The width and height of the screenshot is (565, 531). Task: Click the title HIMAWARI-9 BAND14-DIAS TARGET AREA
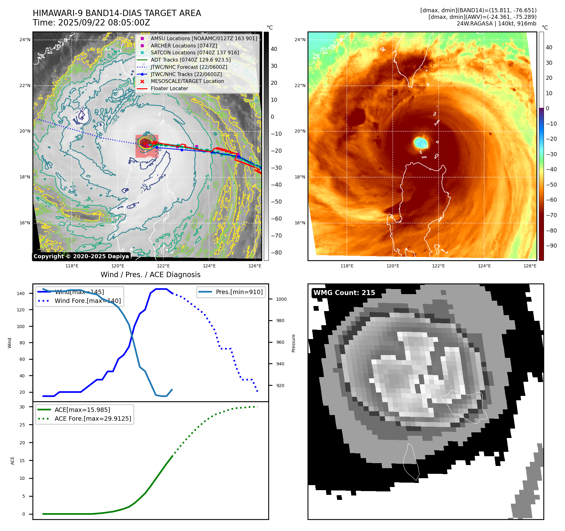coord(117,13)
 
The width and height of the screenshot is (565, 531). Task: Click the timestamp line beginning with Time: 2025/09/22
coord(91,23)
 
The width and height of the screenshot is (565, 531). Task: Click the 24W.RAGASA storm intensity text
coord(496,24)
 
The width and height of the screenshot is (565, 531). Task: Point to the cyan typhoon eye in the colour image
coord(420,142)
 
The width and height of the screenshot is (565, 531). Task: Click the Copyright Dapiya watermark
coord(81,256)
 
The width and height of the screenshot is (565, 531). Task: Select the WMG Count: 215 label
coord(344,293)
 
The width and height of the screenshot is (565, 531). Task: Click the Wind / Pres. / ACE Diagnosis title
coord(150,275)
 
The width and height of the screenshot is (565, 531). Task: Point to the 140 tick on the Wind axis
coord(21,293)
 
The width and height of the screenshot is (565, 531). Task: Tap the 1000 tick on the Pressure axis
coord(281,299)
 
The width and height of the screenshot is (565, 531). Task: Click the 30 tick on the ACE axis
coord(22,407)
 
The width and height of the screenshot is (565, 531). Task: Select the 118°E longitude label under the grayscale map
coord(72,266)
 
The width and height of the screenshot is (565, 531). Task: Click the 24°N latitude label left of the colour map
coord(300,40)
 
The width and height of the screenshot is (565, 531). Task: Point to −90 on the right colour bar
coord(551,246)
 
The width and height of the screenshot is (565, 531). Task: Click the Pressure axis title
coord(293,343)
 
